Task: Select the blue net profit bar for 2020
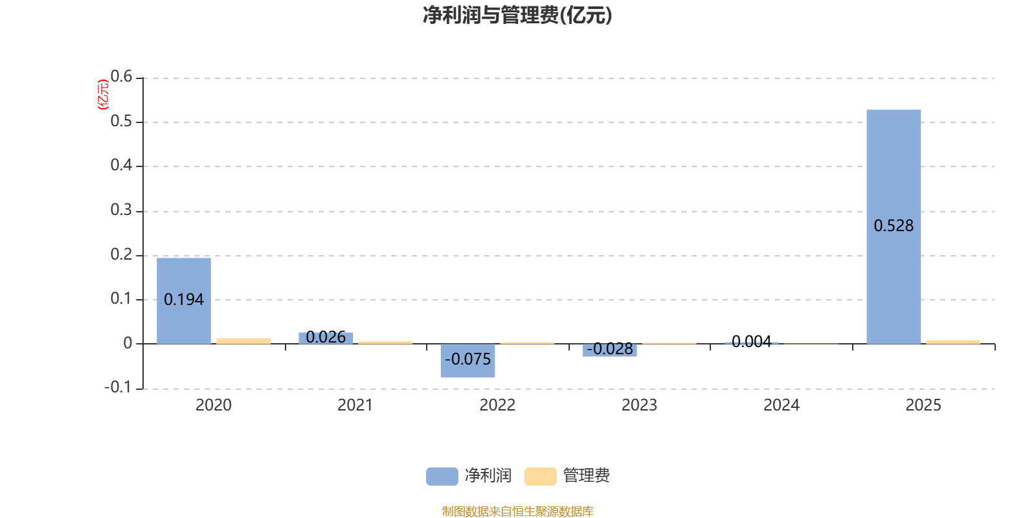click(x=184, y=278)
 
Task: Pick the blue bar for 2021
click(x=326, y=337)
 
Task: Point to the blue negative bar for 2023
click(x=609, y=350)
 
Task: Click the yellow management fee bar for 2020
click(x=243, y=341)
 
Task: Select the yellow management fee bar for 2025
click(x=953, y=341)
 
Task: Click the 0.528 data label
click(x=894, y=226)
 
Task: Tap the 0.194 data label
click(x=184, y=300)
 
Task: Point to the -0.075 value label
click(x=467, y=359)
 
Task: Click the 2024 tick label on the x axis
click(x=782, y=405)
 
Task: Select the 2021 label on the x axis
click(x=355, y=405)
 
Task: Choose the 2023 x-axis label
click(x=639, y=405)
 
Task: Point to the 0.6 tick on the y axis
click(x=121, y=76)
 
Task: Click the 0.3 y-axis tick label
click(x=121, y=210)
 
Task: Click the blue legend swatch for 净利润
click(x=442, y=477)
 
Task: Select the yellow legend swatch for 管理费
click(x=540, y=477)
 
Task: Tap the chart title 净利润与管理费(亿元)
click(x=517, y=15)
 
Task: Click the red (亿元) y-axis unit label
click(x=102, y=95)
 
